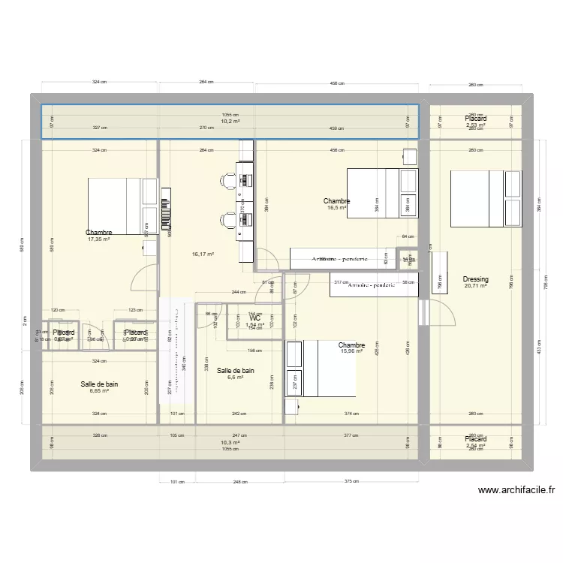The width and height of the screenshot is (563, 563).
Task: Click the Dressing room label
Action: (x=476, y=279)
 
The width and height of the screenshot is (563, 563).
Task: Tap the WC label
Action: (x=254, y=318)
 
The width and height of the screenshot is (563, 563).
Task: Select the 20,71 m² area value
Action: (x=476, y=286)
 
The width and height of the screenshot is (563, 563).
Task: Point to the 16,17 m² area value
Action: (x=203, y=254)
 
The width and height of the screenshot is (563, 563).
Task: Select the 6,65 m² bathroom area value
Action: (x=99, y=390)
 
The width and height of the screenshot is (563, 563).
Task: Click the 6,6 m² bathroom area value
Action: (x=235, y=378)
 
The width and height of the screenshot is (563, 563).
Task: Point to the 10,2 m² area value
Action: (x=230, y=121)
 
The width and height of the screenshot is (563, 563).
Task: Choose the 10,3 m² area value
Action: (x=230, y=443)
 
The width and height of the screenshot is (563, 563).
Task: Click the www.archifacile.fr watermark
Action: (x=516, y=491)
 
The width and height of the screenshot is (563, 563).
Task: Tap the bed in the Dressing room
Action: (x=485, y=198)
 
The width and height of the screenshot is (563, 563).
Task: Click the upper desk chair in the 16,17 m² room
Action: (x=227, y=180)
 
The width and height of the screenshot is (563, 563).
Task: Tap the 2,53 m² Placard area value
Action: (x=476, y=125)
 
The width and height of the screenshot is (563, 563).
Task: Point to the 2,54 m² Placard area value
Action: (x=476, y=446)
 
